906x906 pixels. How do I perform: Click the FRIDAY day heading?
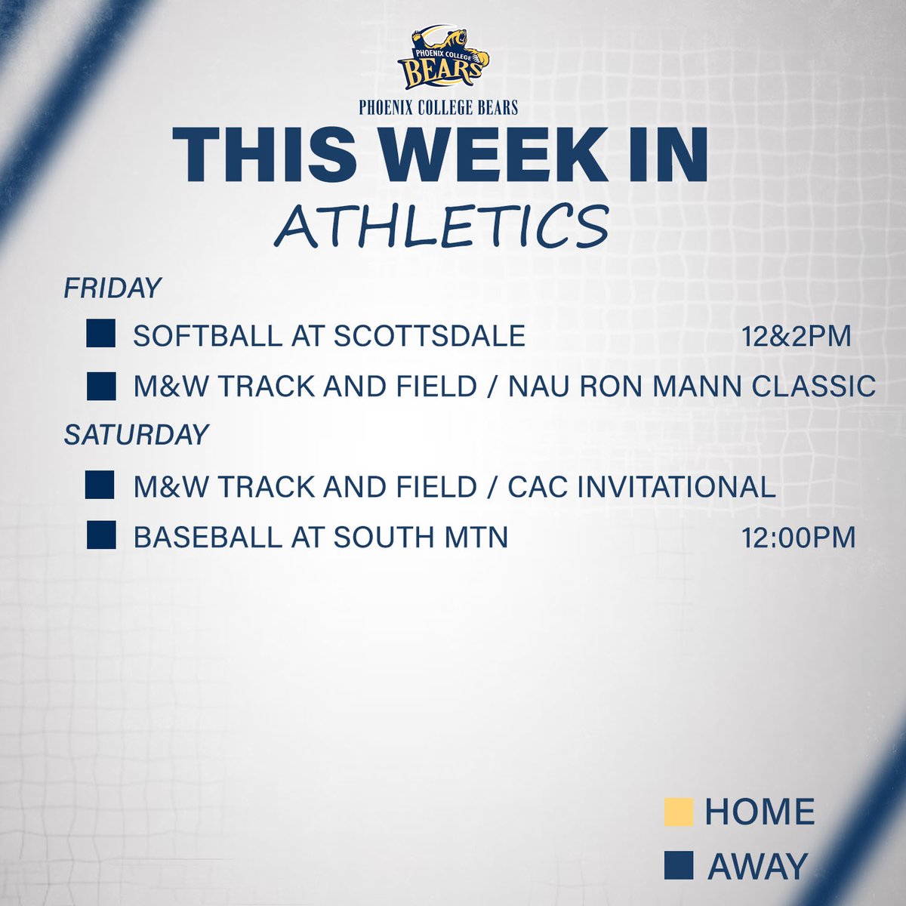click(x=112, y=288)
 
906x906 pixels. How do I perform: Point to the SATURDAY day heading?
click(x=136, y=435)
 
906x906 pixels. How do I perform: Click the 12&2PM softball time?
click(x=796, y=336)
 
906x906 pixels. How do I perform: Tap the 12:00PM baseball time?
click(x=799, y=538)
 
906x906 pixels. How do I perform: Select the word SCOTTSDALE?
click(x=429, y=336)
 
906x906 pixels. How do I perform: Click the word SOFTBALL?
click(x=205, y=336)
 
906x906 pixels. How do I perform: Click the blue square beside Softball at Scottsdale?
click(x=100, y=334)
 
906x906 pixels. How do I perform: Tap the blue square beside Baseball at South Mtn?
click(x=100, y=536)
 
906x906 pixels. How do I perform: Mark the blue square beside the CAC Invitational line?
click(x=100, y=485)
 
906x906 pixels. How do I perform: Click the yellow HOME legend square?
click(x=678, y=812)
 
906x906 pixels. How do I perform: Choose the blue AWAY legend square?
click(x=678, y=865)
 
